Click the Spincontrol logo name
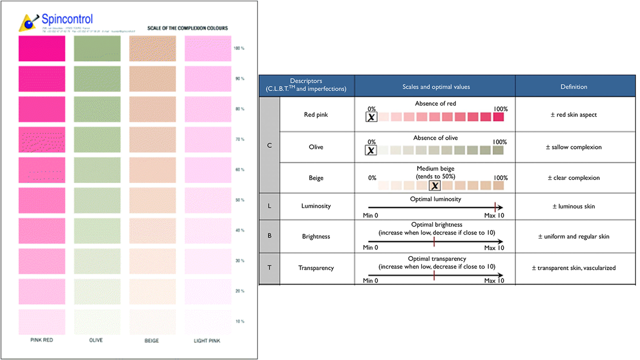coord(67,19)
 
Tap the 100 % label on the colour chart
coord(239,48)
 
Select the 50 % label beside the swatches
coord(239,200)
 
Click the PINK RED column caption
coord(41,340)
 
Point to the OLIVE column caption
coord(96,340)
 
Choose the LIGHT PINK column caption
coord(208,340)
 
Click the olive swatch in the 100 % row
coord(97,48)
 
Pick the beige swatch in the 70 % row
coord(152,139)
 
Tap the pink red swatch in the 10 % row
coord(41,321)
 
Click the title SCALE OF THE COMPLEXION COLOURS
coord(187,28)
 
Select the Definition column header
coord(573,86)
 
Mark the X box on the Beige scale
coord(435,185)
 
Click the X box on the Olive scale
coord(371,150)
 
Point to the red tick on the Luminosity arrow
coord(494,206)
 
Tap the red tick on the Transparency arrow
coord(434,275)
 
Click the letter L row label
coord(269,206)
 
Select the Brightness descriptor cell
coord(316,236)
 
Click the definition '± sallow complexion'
coord(573,147)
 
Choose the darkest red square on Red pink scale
coord(498,117)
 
